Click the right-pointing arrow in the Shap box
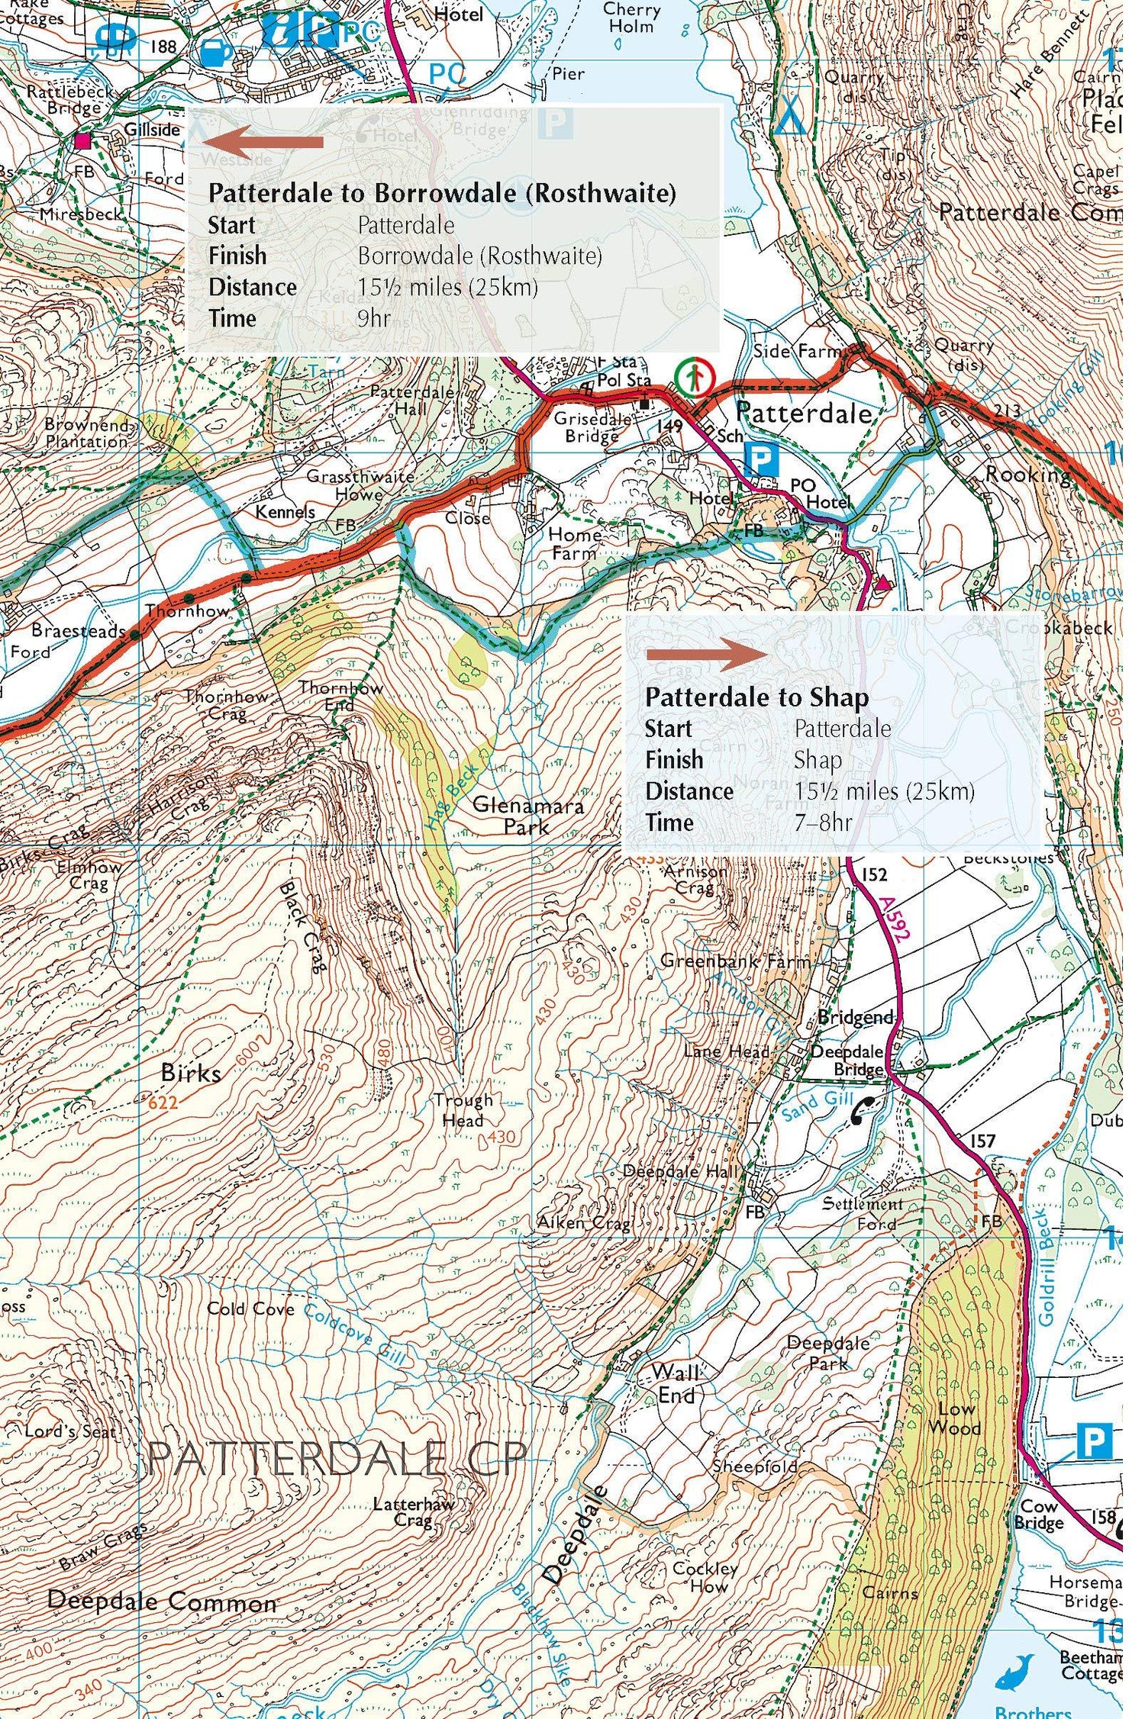click(x=706, y=654)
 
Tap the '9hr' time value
click(x=374, y=318)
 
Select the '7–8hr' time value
click(x=823, y=822)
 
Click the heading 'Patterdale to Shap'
click(x=756, y=697)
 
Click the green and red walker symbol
click(x=693, y=378)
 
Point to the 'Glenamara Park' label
click(x=527, y=816)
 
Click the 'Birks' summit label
click(x=191, y=1073)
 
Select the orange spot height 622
click(x=163, y=1102)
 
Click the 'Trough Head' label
click(x=463, y=1110)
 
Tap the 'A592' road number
click(x=894, y=920)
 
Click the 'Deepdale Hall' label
click(x=680, y=1171)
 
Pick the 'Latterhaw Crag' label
click(x=413, y=1511)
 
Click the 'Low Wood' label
click(x=954, y=1418)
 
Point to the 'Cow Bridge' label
click(x=1039, y=1515)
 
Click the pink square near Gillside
click(x=82, y=141)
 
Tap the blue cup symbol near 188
click(x=216, y=53)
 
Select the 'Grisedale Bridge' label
click(x=592, y=427)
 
